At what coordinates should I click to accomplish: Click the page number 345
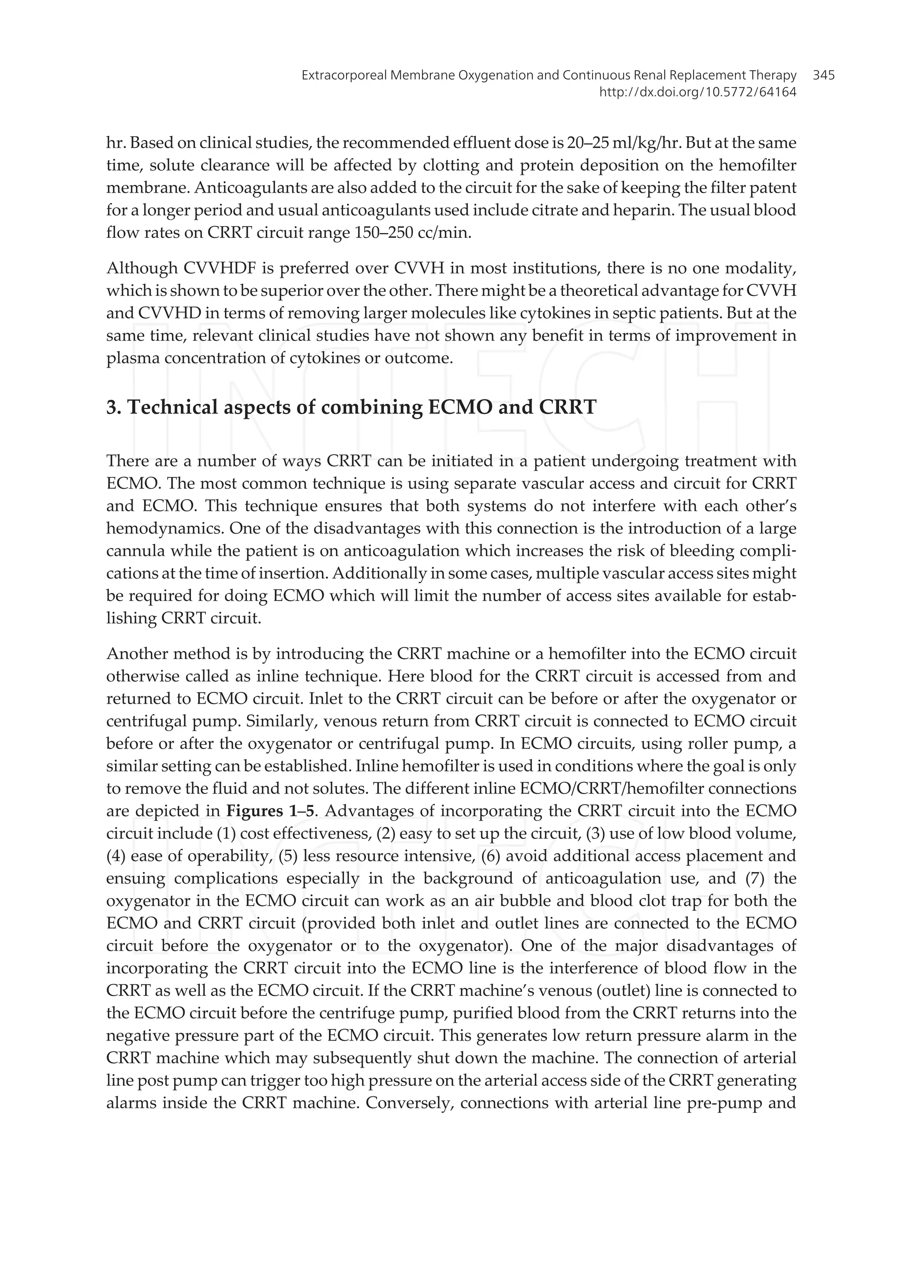click(824, 75)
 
